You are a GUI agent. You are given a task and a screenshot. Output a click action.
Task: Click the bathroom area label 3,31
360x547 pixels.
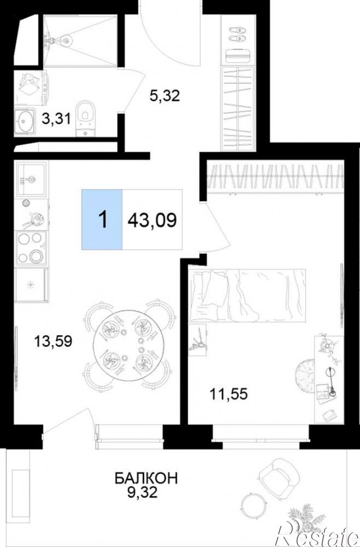[x=56, y=119]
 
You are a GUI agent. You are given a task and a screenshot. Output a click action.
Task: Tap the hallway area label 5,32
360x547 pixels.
[x=164, y=95]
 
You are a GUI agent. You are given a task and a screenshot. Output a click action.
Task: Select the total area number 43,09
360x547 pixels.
[x=152, y=220]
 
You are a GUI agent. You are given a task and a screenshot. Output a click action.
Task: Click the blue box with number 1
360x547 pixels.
[x=102, y=220]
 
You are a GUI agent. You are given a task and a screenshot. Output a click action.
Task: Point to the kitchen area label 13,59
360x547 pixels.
[x=53, y=341]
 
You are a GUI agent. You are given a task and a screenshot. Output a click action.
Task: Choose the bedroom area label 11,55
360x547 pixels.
[x=228, y=394]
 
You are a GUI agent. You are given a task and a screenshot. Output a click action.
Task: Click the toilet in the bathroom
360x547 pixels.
[x=85, y=118]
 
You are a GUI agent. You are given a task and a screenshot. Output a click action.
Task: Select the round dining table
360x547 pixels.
[x=127, y=345]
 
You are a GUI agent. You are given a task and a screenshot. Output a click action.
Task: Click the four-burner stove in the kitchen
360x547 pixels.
[x=31, y=248]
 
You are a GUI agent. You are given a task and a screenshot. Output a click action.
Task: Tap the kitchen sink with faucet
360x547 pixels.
[x=31, y=179]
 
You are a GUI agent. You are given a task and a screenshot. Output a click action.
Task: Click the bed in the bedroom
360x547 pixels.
[x=247, y=295]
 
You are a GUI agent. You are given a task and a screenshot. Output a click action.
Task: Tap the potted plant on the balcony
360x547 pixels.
[x=302, y=520]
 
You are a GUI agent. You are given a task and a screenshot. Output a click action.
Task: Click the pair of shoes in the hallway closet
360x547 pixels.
[x=237, y=34]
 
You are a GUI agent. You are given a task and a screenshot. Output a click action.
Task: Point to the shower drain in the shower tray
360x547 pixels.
[x=66, y=41]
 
